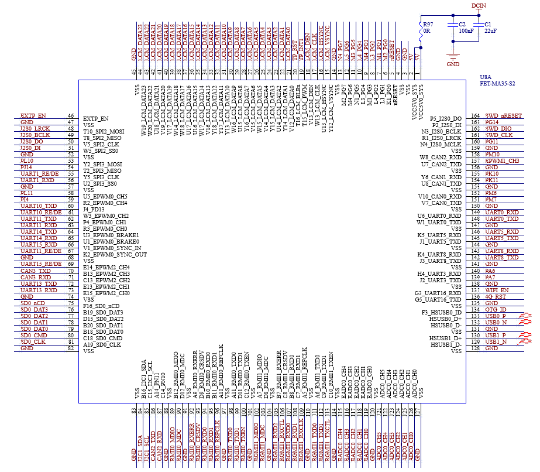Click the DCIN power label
click(x=479, y=5)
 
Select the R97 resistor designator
click(x=428, y=24)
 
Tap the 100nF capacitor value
click(x=466, y=30)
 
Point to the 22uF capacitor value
click(x=491, y=30)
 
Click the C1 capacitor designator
click(x=489, y=24)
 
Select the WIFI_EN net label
click(x=497, y=290)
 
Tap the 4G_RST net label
click(x=496, y=297)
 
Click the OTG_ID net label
click(x=496, y=310)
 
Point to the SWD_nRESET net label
click(x=503, y=116)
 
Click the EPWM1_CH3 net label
click(x=502, y=161)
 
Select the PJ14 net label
click(x=27, y=167)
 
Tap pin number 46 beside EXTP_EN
click(x=70, y=116)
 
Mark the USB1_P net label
click(x=496, y=336)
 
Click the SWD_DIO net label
click(x=498, y=129)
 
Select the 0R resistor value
click(x=427, y=30)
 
